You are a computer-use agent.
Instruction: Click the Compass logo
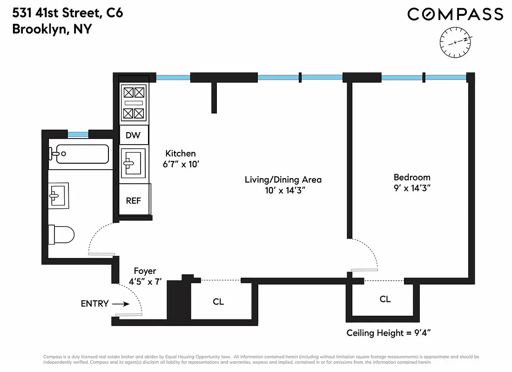[455, 14]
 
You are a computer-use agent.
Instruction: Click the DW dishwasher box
[134, 136]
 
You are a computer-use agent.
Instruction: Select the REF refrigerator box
[134, 201]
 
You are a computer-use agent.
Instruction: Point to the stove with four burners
[134, 102]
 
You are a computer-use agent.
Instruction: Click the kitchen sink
[134, 163]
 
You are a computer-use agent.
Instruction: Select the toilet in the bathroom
[62, 235]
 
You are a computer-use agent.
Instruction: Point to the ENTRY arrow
[121, 304]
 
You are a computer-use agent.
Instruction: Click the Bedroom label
[412, 177]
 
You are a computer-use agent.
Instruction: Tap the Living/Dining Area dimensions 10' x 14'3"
[283, 191]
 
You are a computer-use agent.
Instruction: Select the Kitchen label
[181, 153]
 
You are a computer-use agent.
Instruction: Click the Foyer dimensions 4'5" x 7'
[145, 282]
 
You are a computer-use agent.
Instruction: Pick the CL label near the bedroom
[385, 299]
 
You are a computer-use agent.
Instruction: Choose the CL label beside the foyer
[218, 302]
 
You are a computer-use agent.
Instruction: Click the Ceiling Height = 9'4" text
[390, 333]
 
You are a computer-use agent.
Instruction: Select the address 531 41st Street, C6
[67, 13]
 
